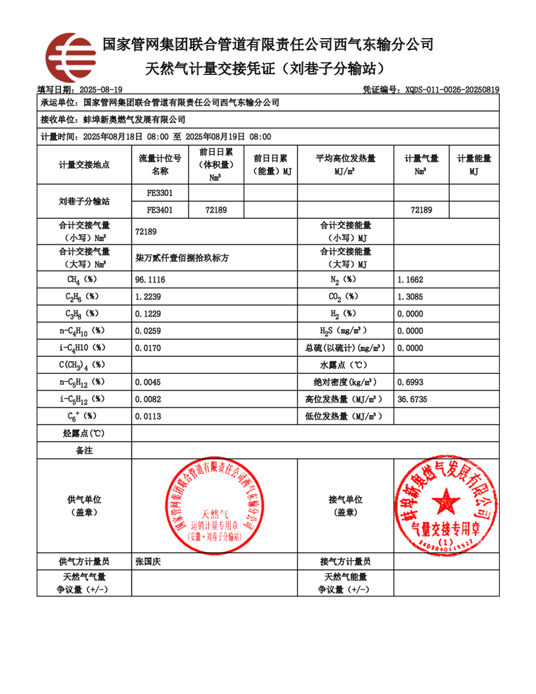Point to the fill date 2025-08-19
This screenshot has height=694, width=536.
point(100,89)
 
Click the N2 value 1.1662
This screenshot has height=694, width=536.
point(411,279)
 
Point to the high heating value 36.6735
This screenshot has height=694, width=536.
point(413,399)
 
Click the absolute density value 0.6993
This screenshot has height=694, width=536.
point(411,382)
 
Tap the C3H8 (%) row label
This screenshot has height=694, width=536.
point(83,313)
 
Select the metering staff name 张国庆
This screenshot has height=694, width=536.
point(148,561)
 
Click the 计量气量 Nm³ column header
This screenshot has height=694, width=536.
point(421,164)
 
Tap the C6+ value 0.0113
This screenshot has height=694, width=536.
point(148,416)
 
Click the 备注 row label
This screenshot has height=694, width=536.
point(84,451)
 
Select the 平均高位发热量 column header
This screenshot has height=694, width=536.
point(346,164)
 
